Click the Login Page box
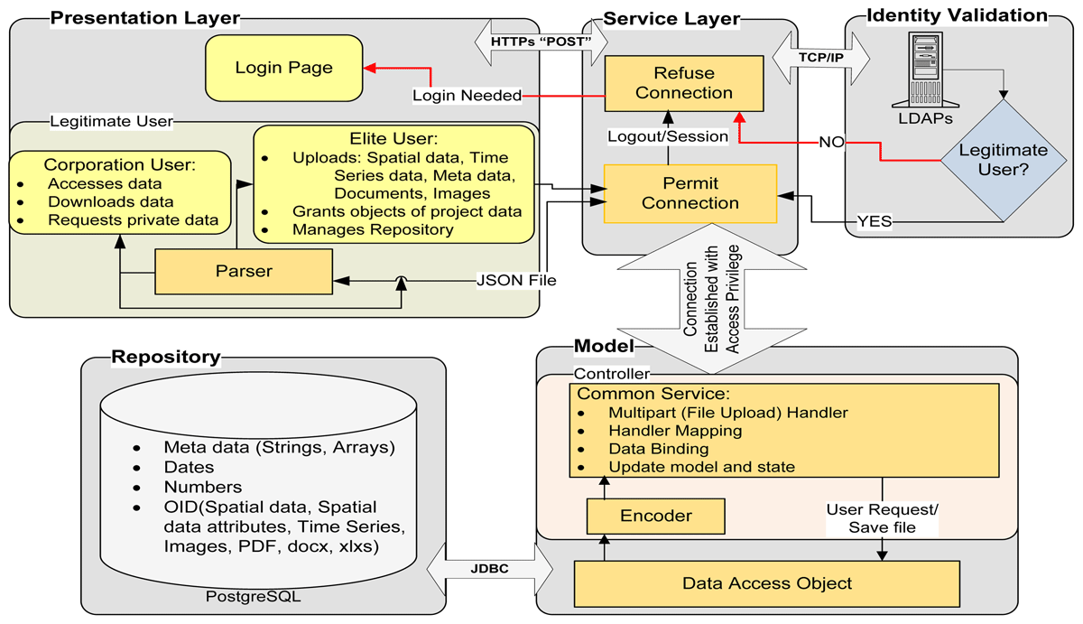click(283, 68)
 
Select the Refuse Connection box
click(684, 83)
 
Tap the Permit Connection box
click(690, 193)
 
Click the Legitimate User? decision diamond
click(1004, 161)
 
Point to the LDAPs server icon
click(925, 70)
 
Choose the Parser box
click(244, 272)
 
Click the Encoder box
click(655, 517)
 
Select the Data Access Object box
click(767, 584)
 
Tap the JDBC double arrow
click(490, 569)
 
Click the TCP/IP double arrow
click(821, 58)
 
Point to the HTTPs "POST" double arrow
click(541, 42)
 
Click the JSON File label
click(516, 280)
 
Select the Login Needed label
click(467, 96)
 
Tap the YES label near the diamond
click(875, 221)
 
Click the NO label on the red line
click(831, 142)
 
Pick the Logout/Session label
click(668, 137)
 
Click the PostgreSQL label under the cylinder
click(253, 596)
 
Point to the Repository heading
click(166, 357)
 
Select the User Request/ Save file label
click(882, 518)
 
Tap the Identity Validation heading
click(957, 15)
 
